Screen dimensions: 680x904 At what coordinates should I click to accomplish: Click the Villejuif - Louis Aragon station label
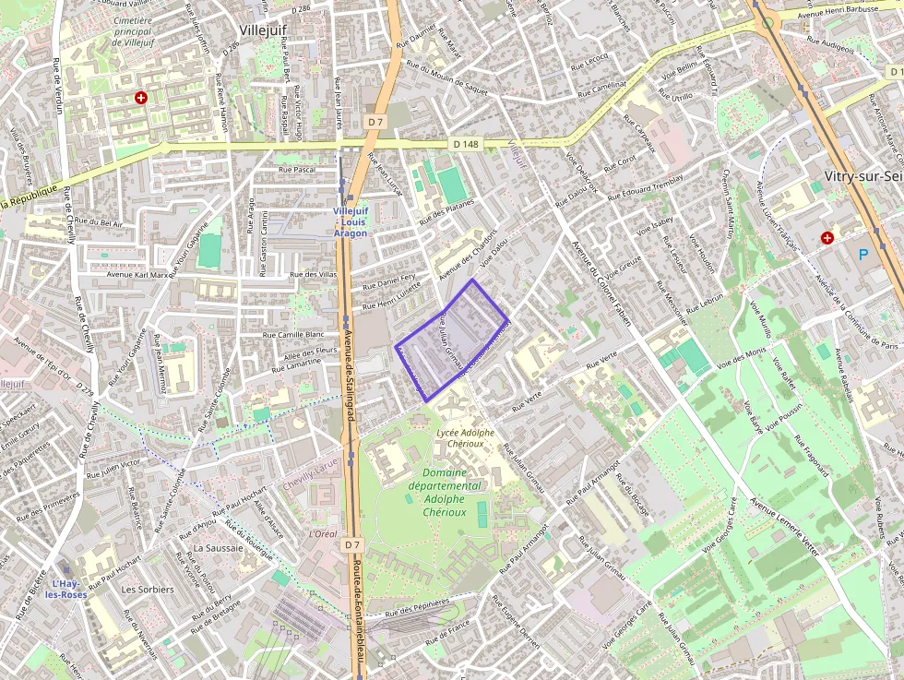click(x=351, y=221)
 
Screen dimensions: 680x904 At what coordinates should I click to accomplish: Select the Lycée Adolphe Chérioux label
click(x=465, y=437)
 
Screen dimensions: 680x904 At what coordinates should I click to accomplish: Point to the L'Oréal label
click(x=323, y=534)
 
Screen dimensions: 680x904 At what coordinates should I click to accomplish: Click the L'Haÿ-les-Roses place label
click(x=68, y=589)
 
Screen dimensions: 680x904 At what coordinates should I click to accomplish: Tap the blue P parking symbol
click(x=862, y=254)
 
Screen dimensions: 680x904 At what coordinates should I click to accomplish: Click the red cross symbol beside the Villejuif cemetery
click(x=141, y=97)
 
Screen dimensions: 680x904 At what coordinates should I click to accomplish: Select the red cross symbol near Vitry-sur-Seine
click(x=827, y=238)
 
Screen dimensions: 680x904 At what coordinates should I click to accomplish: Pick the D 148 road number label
click(x=466, y=144)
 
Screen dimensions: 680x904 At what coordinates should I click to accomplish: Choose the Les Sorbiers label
click(x=148, y=589)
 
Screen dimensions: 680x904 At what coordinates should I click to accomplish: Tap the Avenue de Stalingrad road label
click(x=350, y=370)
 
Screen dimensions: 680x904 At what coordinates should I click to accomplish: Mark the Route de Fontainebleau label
click(x=362, y=618)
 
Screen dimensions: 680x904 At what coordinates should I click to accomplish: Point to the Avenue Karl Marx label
click(x=138, y=274)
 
